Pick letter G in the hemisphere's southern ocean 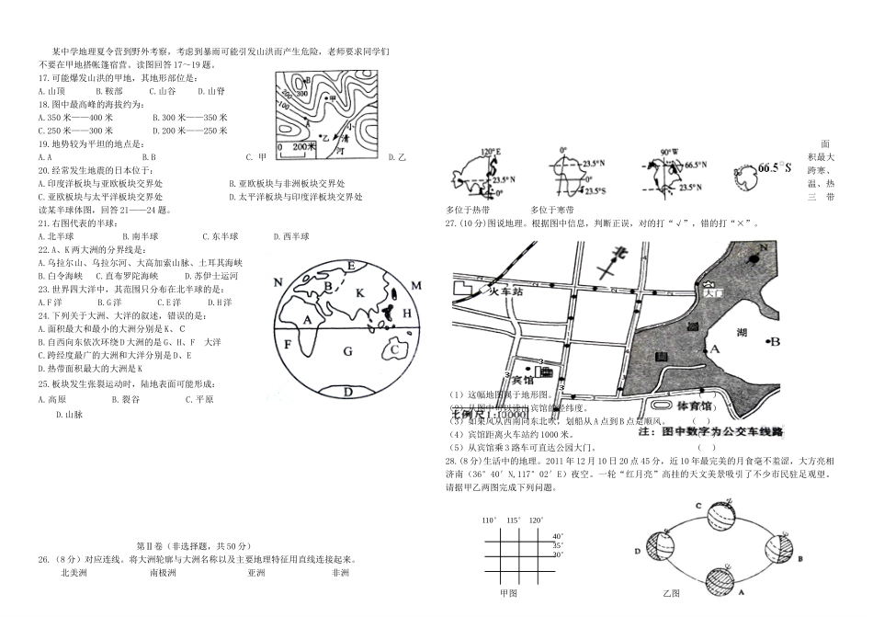point(347,350)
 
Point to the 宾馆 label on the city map point(521,377)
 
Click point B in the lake point(775,342)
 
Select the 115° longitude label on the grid point(513,520)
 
